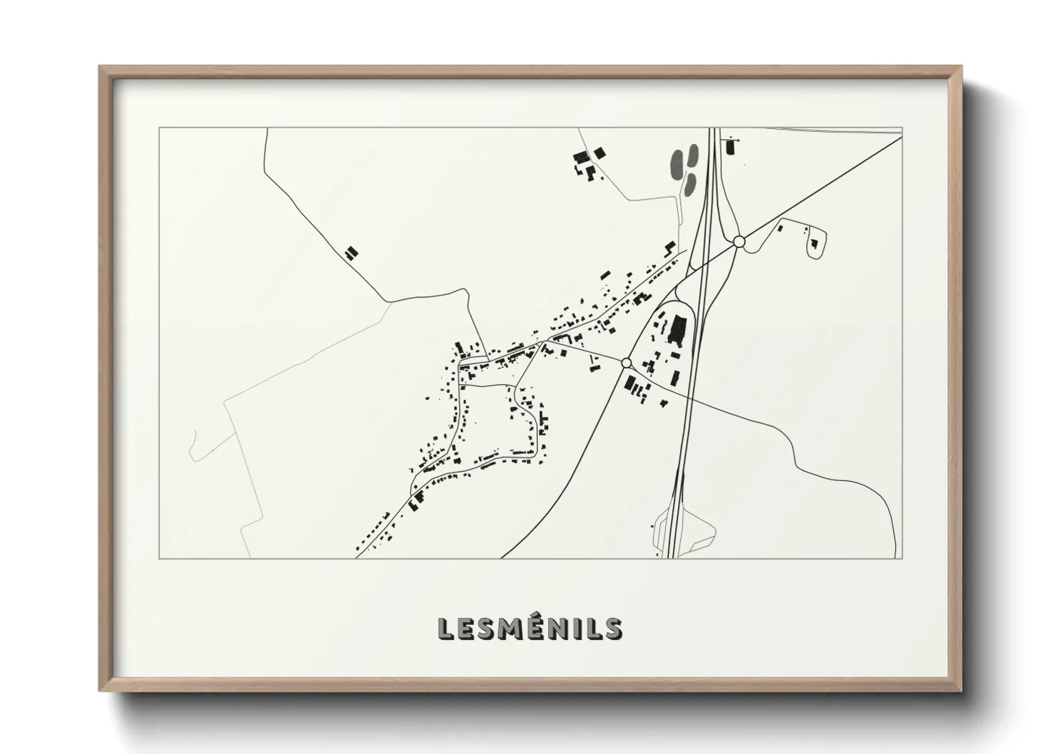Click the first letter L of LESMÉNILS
click(x=446, y=628)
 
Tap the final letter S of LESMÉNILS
click(x=612, y=628)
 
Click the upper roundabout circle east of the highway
click(x=739, y=242)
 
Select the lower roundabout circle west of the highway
click(x=627, y=363)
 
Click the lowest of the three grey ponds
click(x=689, y=185)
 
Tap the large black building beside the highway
click(x=677, y=331)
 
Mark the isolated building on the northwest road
click(x=350, y=253)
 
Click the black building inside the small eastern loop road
click(x=813, y=244)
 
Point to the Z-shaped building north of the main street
click(x=669, y=247)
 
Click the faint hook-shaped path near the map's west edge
click(x=193, y=445)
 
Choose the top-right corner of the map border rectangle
click(x=902, y=128)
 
